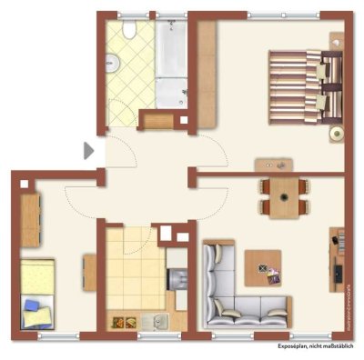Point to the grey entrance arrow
click(x=88, y=150)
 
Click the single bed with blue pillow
click(x=37, y=291)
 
